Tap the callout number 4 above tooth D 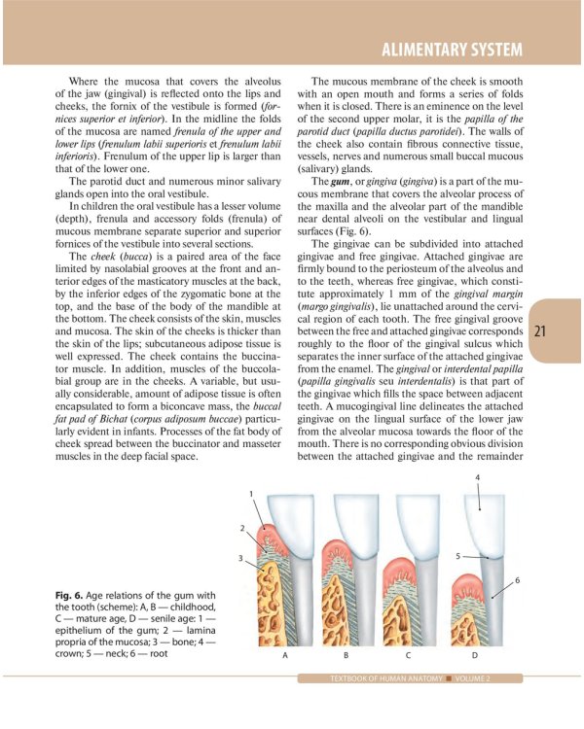click(477, 477)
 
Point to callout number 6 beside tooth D click(517, 580)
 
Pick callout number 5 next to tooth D click(457, 556)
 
